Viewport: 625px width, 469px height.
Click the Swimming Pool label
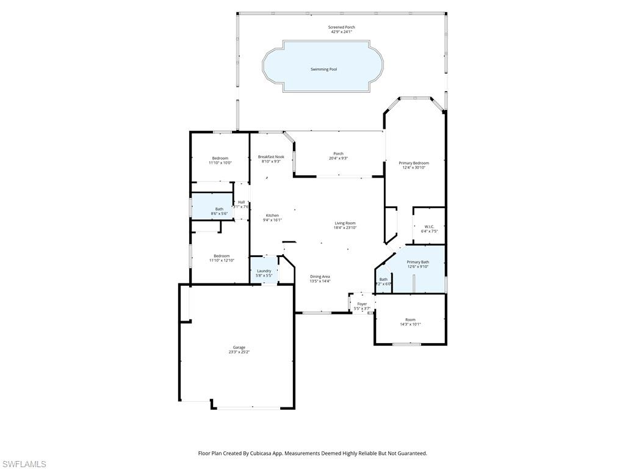323,70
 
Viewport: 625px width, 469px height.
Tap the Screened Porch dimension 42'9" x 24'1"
342,32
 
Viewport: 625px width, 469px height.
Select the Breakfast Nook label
271,157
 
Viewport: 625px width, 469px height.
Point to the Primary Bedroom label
414,163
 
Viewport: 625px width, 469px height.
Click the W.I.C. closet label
429,227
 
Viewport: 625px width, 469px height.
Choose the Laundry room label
264,271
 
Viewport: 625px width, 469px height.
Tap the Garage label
239,347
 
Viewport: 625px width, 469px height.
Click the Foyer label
362,304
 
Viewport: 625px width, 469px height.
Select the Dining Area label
320,277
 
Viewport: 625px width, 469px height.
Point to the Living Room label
345,223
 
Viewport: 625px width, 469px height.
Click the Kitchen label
272,216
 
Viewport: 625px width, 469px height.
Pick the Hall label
241,202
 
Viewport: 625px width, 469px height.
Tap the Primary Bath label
418,262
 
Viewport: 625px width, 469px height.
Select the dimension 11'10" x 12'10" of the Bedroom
221,261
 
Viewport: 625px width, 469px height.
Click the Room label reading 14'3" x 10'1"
410,320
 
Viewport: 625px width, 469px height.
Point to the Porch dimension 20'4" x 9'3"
338,158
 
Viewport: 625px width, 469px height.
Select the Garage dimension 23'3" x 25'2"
239,352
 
